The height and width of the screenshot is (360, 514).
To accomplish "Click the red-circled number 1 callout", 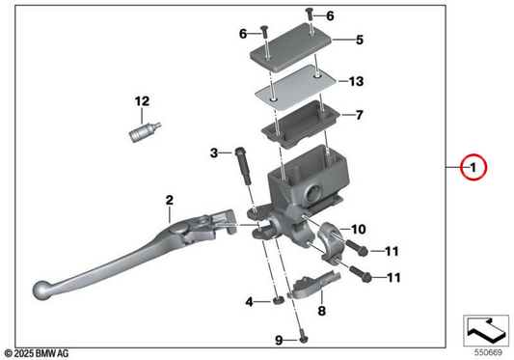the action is tap(473, 167).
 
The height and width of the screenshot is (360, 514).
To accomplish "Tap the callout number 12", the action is tap(142, 101).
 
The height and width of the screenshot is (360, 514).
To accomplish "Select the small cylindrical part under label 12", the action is tap(144, 131).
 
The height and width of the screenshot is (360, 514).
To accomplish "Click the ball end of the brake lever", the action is tap(42, 291).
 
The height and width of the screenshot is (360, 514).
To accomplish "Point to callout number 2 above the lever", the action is tap(169, 200).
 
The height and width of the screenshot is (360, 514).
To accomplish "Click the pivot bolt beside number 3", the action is tap(243, 166).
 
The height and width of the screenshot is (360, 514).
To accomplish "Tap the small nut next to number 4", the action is tap(279, 300).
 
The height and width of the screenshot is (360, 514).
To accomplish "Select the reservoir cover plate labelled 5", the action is tap(291, 48).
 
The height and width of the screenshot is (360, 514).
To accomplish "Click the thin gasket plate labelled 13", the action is tap(296, 88).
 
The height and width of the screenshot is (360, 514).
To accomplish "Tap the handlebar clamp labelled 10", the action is tap(332, 242).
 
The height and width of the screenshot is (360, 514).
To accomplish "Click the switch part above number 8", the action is tap(314, 285).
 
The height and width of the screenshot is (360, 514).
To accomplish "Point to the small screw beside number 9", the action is tap(304, 340).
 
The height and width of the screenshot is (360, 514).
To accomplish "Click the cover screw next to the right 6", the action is tap(310, 20).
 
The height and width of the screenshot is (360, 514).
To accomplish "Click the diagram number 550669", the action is tap(488, 353).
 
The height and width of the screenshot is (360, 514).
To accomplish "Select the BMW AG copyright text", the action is tap(37, 353).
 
